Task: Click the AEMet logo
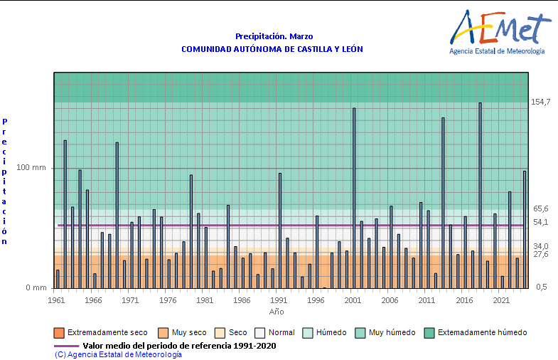tap(498, 32)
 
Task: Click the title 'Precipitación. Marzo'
tap(274, 36)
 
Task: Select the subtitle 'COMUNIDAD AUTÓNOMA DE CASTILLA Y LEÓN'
tap(272, 49)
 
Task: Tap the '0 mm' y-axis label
tap(36, 287)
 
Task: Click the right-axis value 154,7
tap(541, 102)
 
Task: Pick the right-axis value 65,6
tap(541, 209)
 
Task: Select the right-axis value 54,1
tap(541, 222)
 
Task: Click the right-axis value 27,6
tap(541, 254)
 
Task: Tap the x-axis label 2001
tap(353, 300)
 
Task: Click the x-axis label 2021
tap(501, 300)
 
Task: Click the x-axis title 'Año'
tap(277, 312)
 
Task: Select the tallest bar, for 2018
tap(480, 195)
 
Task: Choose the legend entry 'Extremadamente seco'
tap(102, 332)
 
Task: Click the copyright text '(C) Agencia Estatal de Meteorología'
tap(118, 354)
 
